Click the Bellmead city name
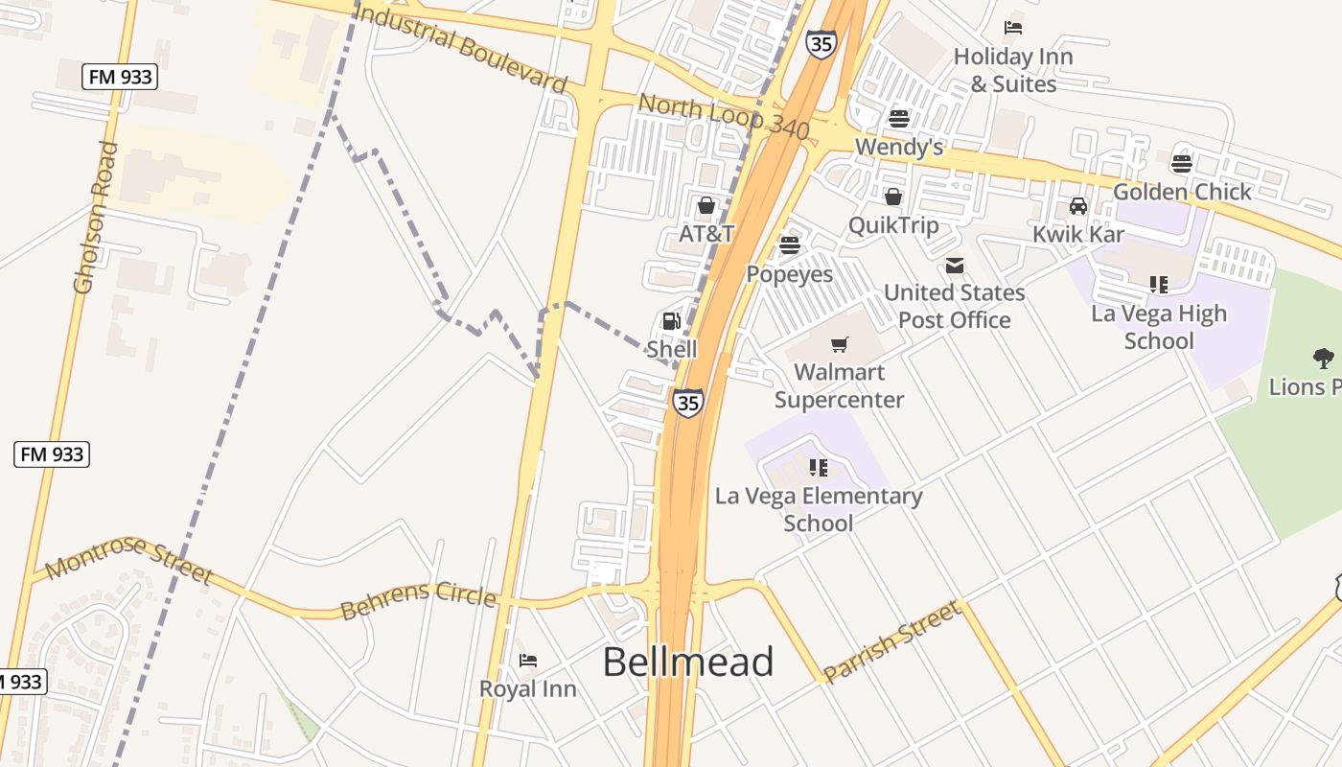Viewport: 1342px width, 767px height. [688, 662]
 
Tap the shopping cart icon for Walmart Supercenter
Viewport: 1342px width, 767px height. [840, 344]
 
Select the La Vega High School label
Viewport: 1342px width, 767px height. [1158, 327]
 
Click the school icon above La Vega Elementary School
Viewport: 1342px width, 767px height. [818, 468]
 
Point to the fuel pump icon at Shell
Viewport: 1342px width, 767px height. [672, 321]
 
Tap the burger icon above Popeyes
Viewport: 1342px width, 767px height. [790, 245]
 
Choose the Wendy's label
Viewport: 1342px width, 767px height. [899, 147]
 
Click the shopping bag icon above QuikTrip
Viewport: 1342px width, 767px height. [893, 198]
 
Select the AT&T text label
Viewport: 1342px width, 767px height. [706, 234]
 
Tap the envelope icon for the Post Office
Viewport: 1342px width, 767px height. [955, 266]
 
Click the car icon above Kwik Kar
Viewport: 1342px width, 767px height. [1078, 206]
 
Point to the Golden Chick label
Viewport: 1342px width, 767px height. [1182, 192]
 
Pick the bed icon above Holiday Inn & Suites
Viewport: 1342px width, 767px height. [1013, 28]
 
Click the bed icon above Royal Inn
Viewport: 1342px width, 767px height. [528, 661]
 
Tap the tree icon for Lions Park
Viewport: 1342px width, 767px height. [1324, 360]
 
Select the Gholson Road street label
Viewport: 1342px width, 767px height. [95, 217]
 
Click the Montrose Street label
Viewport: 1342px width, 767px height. [128, 559]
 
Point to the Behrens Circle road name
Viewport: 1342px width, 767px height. [418, 600]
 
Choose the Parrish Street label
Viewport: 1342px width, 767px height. [891, 641]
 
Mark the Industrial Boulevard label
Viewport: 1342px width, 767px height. [460, 46]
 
